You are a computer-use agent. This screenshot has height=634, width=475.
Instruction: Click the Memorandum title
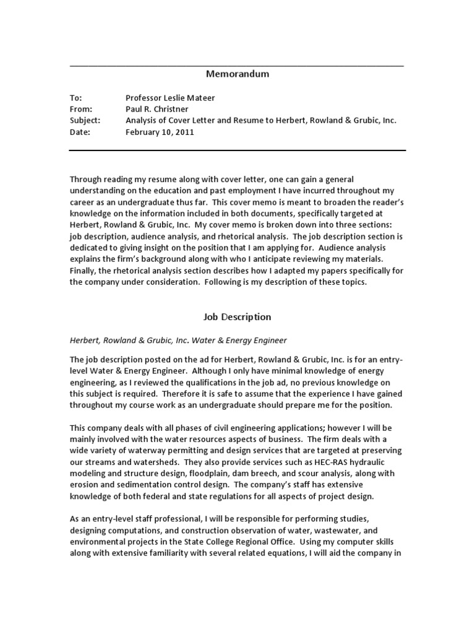[x=237, y=74]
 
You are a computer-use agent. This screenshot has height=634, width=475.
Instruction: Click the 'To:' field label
[x=75, y=98]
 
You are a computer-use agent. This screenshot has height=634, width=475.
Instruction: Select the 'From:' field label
[x=80, y=109]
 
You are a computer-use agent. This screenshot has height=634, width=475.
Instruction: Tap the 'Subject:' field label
[x=85, y=121]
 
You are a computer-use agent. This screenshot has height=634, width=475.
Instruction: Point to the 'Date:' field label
[x=80, y=132]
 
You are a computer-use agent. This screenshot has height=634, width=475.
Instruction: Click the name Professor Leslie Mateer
[x=170, y=98]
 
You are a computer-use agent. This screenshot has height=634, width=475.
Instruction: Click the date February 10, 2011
[x=160, y=132]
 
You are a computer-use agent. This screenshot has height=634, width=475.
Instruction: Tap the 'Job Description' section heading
[x=237, y=317]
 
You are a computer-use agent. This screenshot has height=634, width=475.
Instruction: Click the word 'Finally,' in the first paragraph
[x=83, y=271]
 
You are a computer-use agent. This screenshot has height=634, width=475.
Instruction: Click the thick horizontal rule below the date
[x=237, y=150]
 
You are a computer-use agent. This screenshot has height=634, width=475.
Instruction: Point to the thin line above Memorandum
[x=237, y=65]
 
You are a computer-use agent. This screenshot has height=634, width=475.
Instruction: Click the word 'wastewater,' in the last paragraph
[x=349, y=531]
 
